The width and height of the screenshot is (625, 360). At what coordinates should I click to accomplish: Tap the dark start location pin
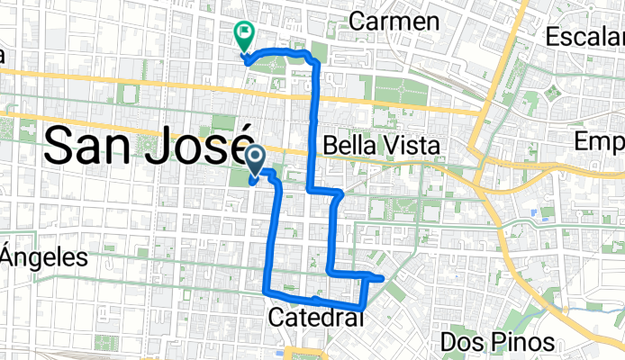pyautogui.click(x=255, y=160)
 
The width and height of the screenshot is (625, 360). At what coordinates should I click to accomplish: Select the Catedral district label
pyautogui.click(x=316, y=318)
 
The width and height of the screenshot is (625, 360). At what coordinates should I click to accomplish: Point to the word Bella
pyautogui.click(x=347, y=146)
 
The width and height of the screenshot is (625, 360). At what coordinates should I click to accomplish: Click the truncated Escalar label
pyautogui.click(x=585, y=37)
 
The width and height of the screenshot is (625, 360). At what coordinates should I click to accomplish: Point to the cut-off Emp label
pyautogui.click(x=600, y=143)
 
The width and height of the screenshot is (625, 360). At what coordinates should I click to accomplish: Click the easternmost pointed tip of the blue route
pyautogui.click(x=385, y=278)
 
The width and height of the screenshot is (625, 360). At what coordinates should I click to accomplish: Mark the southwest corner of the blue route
pyautogui.click(x=266, y=291)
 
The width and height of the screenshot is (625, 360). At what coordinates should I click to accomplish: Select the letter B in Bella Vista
pyautogui.click(x=329, y=146)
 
